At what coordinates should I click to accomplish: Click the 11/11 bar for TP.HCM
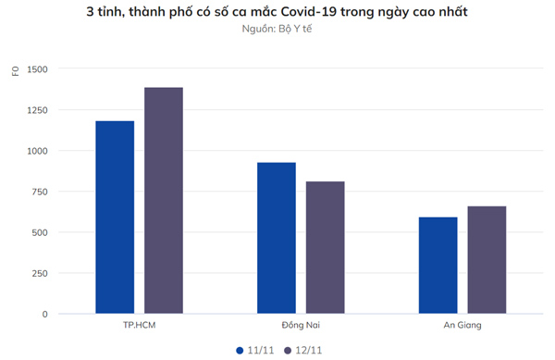(115, 217)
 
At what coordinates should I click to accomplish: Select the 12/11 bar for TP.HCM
(164, 201)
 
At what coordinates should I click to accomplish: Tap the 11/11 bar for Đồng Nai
(277, 238)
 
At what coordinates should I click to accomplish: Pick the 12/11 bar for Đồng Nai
(325, 248)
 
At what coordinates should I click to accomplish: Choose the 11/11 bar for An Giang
(438, 266)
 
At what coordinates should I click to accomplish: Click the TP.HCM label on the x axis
(139, 326)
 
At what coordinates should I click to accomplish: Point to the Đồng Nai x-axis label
(301, 326)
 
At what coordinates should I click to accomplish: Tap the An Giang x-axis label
(462, 326)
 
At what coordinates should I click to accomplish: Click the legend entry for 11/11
(255, 350)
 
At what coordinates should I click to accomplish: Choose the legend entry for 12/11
(302, 350)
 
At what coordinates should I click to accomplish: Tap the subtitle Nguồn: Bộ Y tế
(277, 30)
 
